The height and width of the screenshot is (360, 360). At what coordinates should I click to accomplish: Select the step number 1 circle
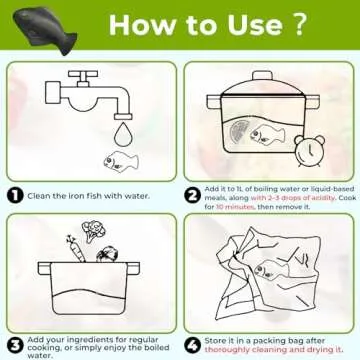coord(15,196)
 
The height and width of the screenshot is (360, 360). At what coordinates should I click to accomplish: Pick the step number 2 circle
coord(192,196)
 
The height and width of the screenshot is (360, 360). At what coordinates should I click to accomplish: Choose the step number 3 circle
coord(15,346)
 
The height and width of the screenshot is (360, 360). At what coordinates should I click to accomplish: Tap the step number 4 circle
coord(192,345)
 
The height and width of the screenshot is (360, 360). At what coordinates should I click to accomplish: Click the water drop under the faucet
coord(122,134)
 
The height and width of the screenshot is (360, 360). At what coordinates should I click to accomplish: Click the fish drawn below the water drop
coord(120,162)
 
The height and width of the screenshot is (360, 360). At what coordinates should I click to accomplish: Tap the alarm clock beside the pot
coord(310,150)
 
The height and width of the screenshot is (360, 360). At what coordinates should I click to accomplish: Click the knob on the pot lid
coord(263,76)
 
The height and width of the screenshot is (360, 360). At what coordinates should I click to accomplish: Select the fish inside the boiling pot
coord(268,135)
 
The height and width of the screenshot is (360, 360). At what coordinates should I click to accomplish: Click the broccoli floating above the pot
coord(93,231)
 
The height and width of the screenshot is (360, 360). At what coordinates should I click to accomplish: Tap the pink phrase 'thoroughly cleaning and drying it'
coord(273,350)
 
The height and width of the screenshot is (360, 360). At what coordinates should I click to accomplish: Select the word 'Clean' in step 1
coord(38,196)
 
